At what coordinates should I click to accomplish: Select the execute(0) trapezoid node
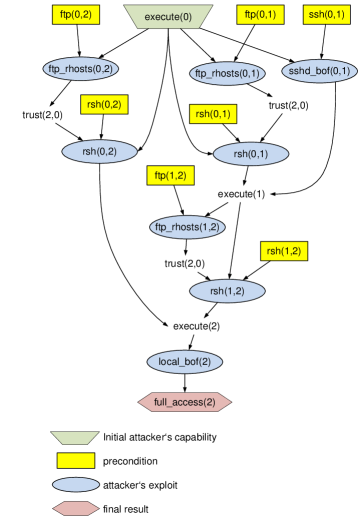pos(168,16)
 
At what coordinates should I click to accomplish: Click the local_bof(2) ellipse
pos(185,361)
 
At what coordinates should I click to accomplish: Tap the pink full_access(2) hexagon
pos(184,402)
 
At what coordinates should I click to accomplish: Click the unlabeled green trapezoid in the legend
pos(75,438)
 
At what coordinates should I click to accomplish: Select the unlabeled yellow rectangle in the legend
pos(76,461)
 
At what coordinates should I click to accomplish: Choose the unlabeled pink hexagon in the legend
pos(76,508)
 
